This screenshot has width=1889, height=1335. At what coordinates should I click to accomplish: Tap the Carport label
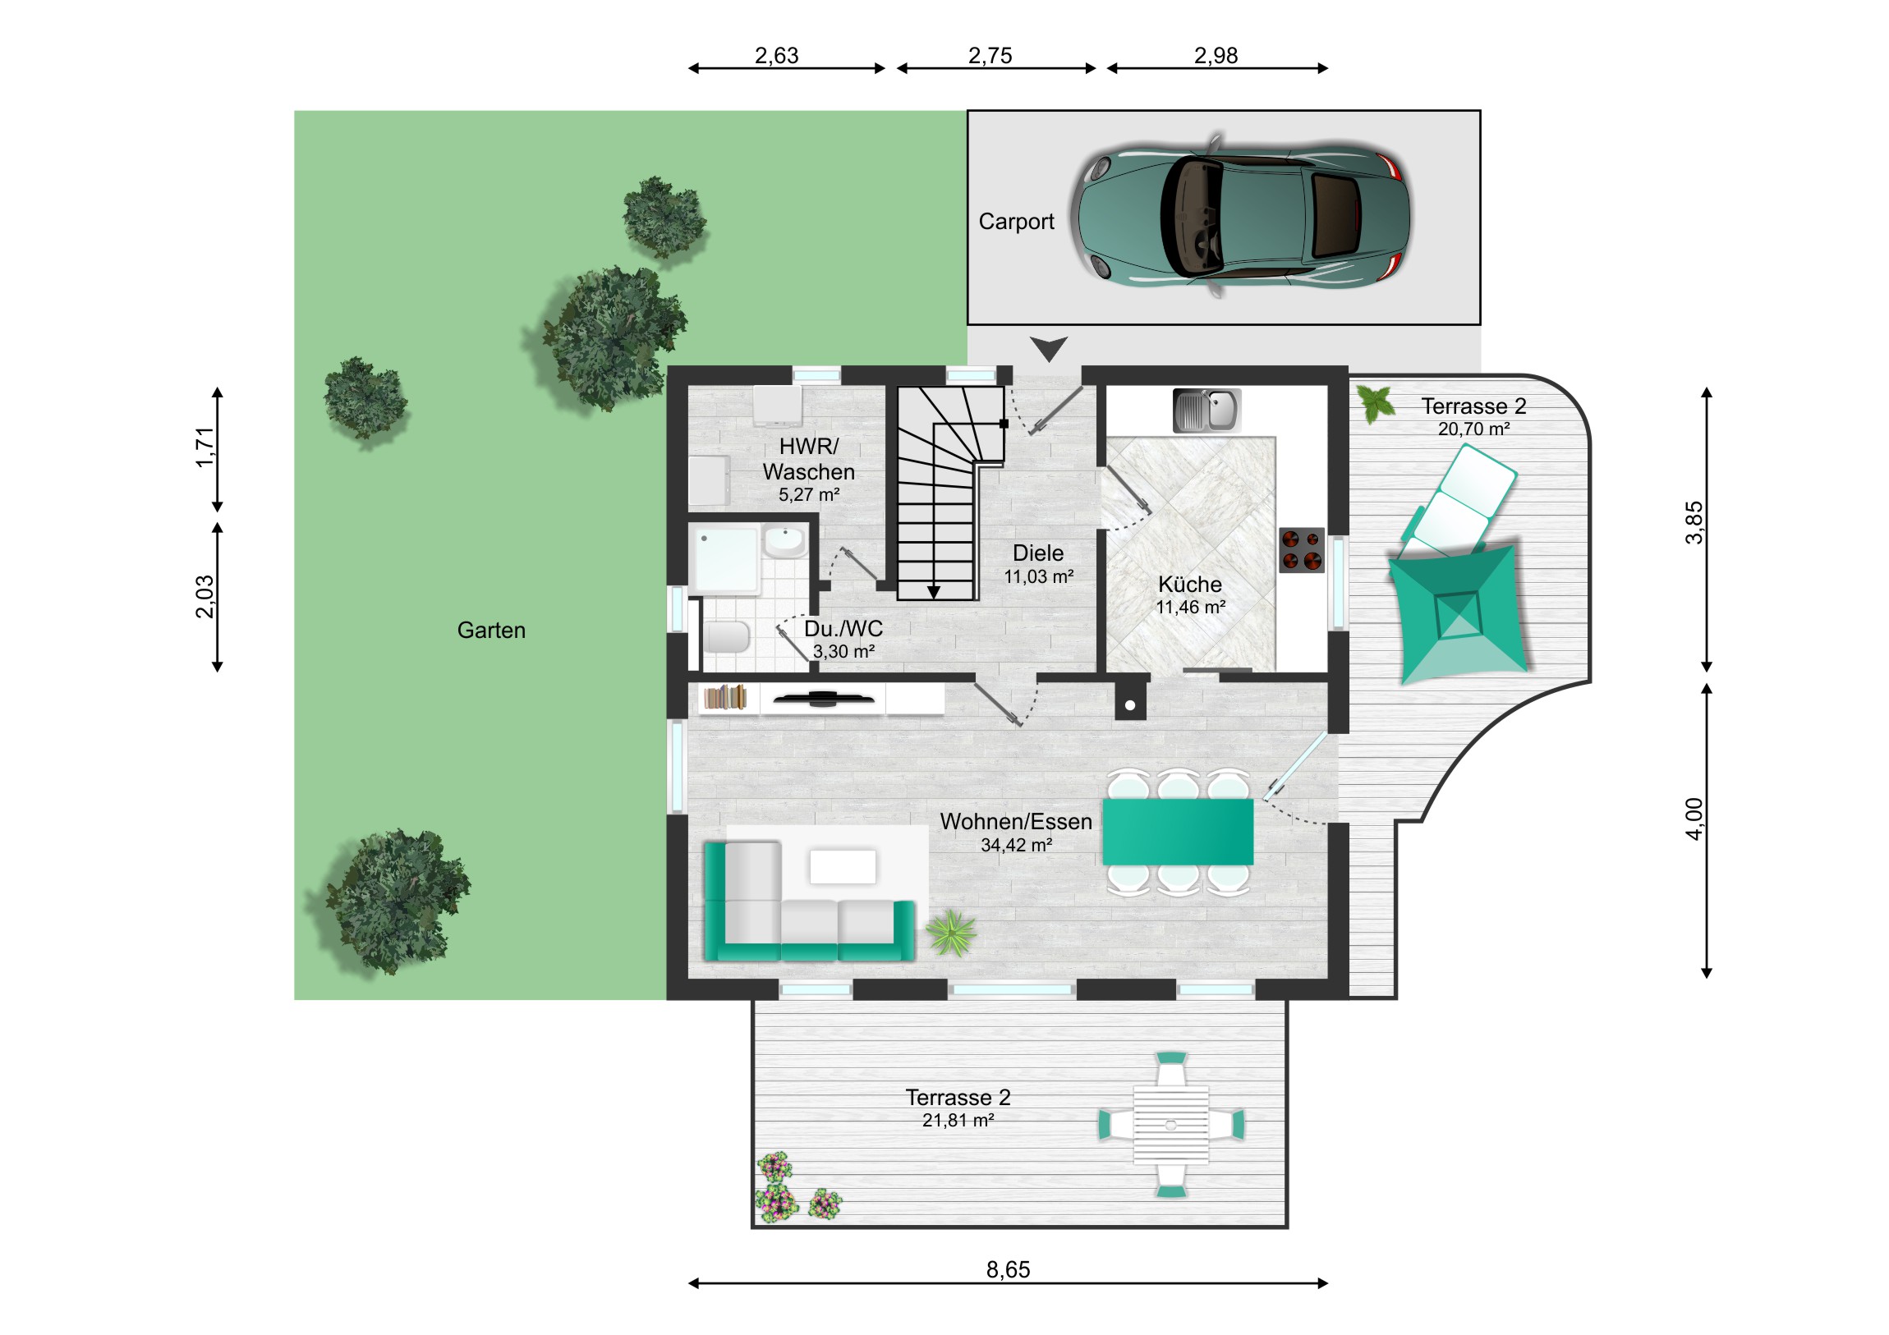point(1016,222)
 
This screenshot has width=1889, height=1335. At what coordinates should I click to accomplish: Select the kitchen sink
point(1206,411)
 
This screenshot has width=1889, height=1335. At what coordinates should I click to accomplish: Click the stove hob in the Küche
point(1302,550)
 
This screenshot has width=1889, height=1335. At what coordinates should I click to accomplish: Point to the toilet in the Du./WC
point(727,636)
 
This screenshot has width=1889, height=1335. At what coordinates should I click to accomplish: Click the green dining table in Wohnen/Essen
point(1177,832)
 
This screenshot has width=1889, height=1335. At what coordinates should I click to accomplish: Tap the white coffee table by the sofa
point(843,866)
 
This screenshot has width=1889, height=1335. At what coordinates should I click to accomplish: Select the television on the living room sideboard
point(823,700)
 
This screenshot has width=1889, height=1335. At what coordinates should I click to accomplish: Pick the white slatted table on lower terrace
point(1170,1125)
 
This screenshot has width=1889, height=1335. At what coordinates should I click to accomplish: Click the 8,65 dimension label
point(1008,1270)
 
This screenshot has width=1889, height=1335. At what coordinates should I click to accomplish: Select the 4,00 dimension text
point(1694,819)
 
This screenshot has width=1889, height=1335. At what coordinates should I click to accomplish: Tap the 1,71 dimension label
point(205,447)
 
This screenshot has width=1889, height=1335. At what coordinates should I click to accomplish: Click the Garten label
point(491,631)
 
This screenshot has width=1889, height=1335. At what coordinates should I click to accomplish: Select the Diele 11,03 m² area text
point(1038,564)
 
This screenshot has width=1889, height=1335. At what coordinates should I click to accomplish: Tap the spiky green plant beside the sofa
point(951,933)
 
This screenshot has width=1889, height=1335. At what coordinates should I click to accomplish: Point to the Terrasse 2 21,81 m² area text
point(958,1108)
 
